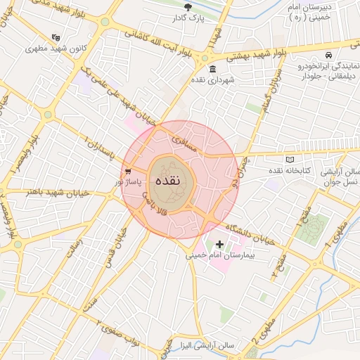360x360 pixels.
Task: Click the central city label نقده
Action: (167, 179)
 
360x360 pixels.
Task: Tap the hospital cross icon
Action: (220, 245)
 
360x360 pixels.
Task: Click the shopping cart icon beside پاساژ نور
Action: (127, 171)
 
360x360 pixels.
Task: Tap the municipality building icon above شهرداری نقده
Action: (213, 69)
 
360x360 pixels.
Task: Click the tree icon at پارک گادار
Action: (187, 7)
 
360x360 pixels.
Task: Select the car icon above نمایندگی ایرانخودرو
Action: (328, 55)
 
